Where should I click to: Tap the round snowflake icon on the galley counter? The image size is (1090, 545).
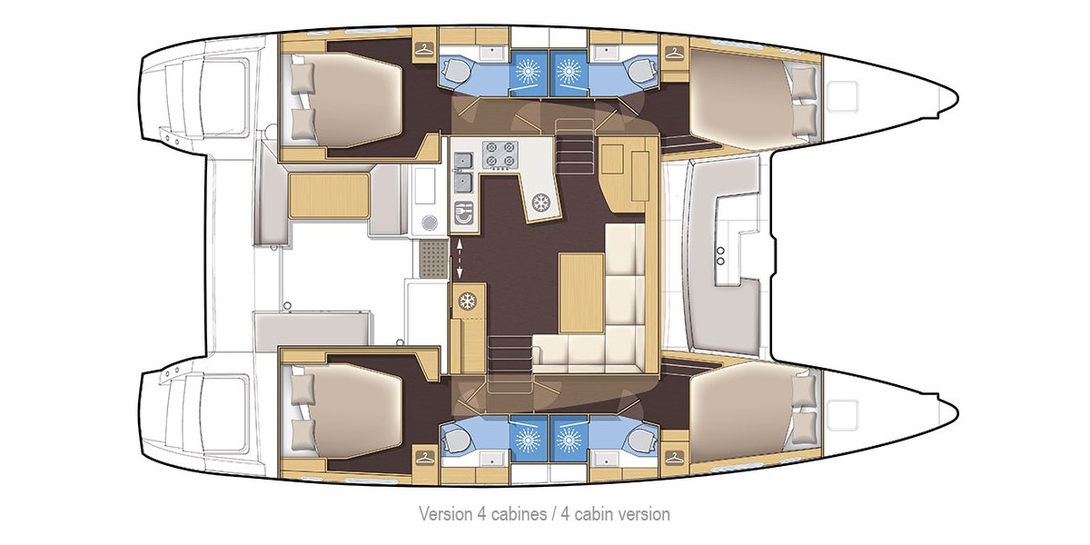(x=542, y=202)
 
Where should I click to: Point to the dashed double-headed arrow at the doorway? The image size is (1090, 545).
(x=458, y=258)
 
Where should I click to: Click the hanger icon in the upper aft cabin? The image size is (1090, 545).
(x=423, y=51)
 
